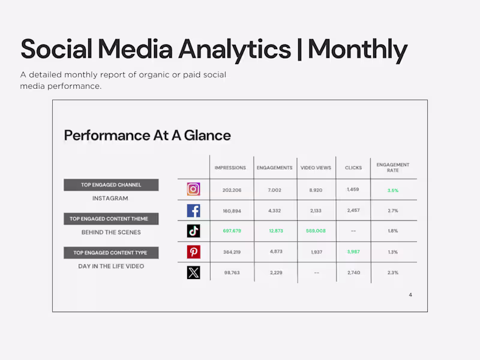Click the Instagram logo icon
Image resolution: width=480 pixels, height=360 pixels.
click(193, 190)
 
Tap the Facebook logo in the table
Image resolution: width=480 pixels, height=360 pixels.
click(193, 211)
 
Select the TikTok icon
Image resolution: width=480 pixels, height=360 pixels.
click(193, 231)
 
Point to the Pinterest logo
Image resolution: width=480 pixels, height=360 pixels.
click(193, 252)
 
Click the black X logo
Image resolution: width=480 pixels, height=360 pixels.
click(193, 272)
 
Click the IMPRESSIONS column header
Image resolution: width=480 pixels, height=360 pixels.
click(230, 168)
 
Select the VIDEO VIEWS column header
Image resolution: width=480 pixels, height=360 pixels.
click(316, 168)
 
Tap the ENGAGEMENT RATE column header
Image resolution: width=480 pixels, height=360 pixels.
click(393, 167)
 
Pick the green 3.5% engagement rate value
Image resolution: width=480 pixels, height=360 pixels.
click(393, 190)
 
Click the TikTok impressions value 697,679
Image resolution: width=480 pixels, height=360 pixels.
click(232, 231)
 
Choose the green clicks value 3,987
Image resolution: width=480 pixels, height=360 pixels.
click(353, 251)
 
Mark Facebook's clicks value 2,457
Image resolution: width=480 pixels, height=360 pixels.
click(353, 211)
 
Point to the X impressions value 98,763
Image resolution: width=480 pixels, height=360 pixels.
click(232, 272)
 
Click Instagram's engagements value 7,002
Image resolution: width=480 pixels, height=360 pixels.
click(275, 190)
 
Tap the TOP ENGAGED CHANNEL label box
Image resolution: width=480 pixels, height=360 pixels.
click(111, 185)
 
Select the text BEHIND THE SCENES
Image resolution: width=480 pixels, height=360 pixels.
click(111, 232)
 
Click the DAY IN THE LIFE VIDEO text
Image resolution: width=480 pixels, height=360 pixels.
click(111, 266)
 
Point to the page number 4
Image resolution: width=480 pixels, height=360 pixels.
click(410, 295)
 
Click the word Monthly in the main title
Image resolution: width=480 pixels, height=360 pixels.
click(358, 49)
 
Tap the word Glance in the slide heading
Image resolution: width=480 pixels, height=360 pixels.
click(207, 135)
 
